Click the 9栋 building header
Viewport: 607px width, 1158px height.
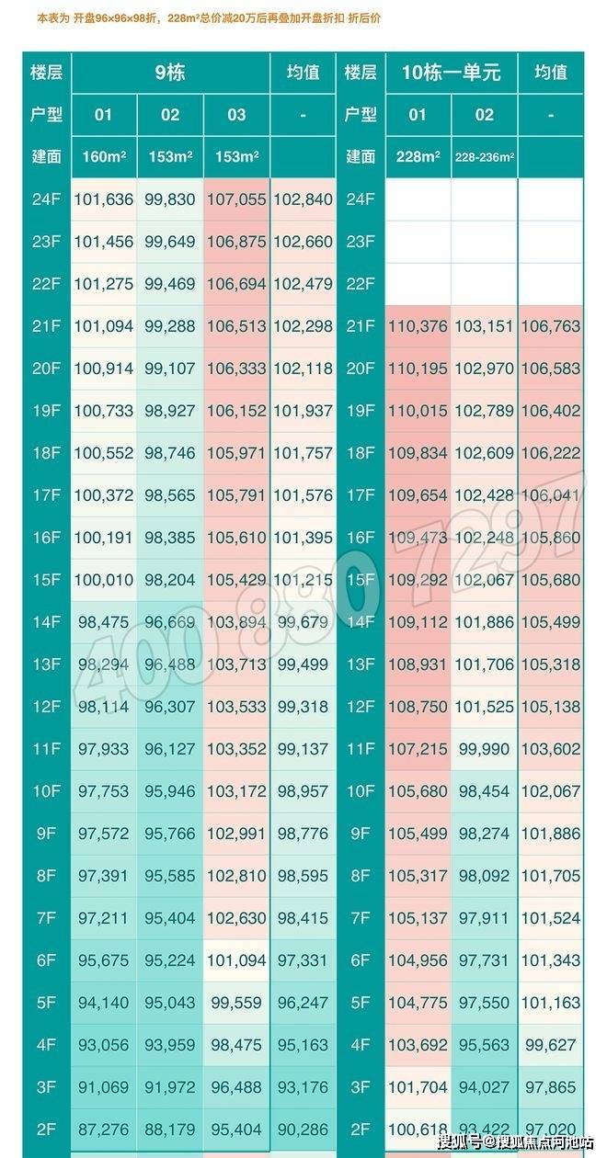click(170, 72)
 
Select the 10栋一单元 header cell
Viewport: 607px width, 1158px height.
click(451, 72)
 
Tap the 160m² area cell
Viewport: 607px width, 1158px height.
click(104, 156)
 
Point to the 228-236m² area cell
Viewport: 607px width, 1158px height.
click(485, 156)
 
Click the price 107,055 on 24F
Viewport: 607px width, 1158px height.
click(236, 199)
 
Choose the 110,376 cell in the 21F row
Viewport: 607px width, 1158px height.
click(418, 326)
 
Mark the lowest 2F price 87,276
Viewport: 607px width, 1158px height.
click(104, 1130)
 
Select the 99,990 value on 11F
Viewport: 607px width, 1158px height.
click(484, 749)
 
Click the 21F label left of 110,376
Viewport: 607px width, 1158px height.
click(361, 326)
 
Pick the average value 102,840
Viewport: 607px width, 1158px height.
click(303, 199)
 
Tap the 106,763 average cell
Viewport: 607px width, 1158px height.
click(551, 326)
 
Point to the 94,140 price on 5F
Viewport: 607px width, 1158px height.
click(104, 1003)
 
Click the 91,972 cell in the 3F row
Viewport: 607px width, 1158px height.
click(170, 1087)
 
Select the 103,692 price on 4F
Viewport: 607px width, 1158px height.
click(418, 1045)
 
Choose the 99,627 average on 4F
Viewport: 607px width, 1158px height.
click(551, 1045)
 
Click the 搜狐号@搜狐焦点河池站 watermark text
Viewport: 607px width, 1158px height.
click(516, 1141)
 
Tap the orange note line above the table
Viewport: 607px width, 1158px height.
click(209, 18)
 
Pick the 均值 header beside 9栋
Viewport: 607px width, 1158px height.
click(303, 72)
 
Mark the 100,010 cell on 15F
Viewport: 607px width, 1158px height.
click(104, 580)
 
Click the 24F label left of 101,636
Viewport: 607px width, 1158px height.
click(46, 199)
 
